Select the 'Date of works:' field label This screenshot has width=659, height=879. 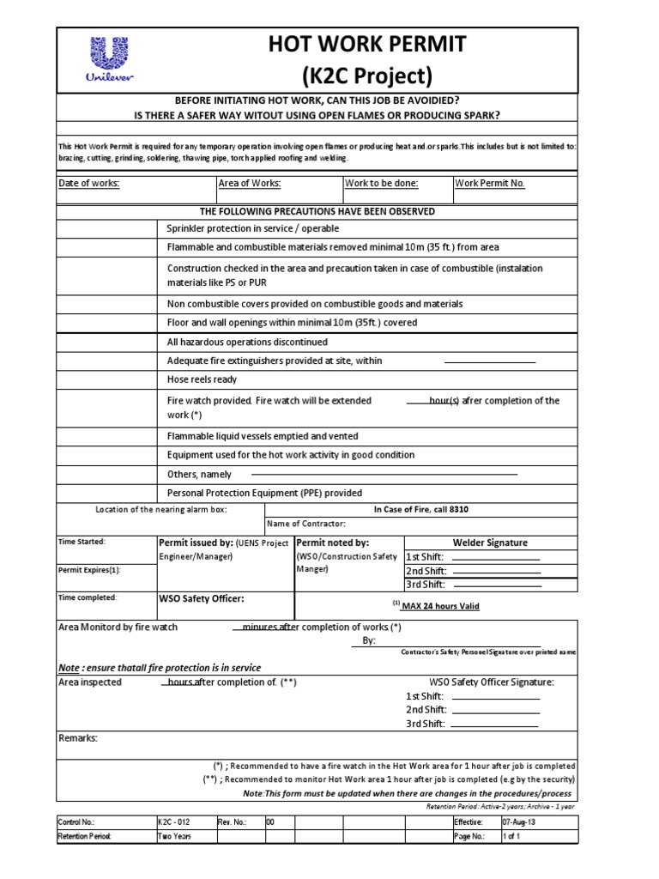click(x=88, y=183)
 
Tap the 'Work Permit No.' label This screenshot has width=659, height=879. click(x=489, y=183)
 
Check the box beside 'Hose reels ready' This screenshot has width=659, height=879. click(x=107, y=379)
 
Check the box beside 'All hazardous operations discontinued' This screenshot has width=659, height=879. click(x=107, y=341)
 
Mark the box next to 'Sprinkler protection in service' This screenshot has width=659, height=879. click(x=107, y=228)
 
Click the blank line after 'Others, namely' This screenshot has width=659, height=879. click(x=383, y=474)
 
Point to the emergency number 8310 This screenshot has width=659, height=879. click(x=457, y=509)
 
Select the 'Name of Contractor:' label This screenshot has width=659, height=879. click(x=306, y=524)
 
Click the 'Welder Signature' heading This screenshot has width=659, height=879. click(x=491, y=543)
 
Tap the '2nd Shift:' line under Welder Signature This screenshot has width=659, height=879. click(x=496, y=571)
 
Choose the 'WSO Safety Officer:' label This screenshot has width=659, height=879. click(x=201, y=598)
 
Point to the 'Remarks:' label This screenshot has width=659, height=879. click(x=78, y=738)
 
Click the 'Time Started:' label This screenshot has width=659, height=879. click(x=81, y=542)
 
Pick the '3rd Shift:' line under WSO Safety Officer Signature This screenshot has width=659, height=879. click(x=496, y=724)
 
